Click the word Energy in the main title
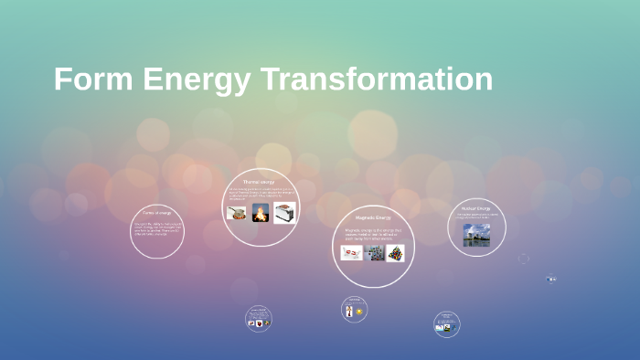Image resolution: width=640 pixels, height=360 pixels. [191, 79]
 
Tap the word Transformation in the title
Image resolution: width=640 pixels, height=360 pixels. [377, 79]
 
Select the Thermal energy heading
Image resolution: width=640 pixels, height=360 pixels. [260, 182]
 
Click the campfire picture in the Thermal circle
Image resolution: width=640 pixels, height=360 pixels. [261, 213]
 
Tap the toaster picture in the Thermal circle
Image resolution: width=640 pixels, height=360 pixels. [283, 213]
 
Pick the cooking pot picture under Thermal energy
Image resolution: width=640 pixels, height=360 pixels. [237, 213]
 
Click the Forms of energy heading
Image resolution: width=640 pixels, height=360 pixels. [157, 213]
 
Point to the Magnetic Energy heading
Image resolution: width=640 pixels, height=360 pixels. [373, 217]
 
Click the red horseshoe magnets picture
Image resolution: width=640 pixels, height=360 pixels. [351, 252]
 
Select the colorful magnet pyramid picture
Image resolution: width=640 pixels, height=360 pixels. [395, 252]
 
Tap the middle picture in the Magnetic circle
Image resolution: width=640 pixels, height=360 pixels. [374, 252]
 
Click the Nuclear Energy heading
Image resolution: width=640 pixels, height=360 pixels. [476, 208]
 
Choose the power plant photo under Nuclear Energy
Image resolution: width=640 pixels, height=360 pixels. [476, 235]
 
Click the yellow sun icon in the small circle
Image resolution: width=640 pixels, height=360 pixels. [359, 312]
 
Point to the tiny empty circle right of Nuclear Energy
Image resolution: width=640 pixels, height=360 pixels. [523, 259]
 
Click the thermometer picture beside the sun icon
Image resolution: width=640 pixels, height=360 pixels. [349, 312]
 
